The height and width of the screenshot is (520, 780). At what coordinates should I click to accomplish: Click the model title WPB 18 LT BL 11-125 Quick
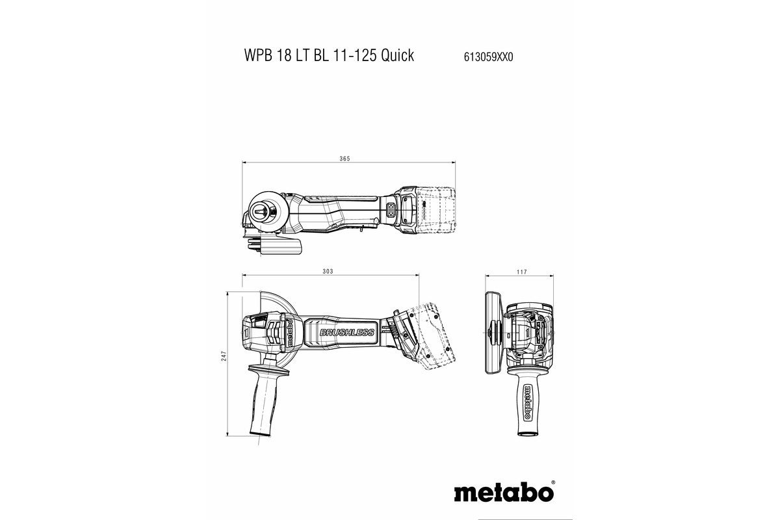[328, 55]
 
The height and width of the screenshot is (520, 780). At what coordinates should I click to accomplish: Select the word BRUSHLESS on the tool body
[346, 332]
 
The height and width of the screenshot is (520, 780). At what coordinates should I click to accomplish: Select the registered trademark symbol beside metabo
[552, 484]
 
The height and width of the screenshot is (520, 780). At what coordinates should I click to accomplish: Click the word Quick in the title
[397, 56]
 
